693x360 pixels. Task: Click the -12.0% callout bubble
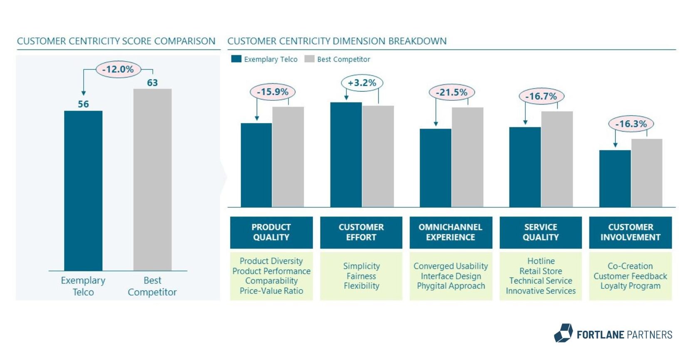tap(118, 69)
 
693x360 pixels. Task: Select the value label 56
tap(83, 104)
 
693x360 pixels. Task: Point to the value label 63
tap(152, 82)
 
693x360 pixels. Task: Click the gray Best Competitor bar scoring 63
tap(152, 179)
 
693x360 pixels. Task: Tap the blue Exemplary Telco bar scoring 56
tap(83, 190)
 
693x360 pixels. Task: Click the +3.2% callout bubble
tap(362, 83)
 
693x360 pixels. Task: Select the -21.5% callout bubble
tap(452, 92)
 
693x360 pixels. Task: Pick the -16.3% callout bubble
tap(631, 124)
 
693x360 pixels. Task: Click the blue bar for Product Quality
tap(256, 165)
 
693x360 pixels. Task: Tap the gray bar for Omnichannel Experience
tap(467, 157)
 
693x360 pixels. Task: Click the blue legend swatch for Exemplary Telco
tap(236, 59)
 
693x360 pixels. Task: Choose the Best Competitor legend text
tap(343, 59)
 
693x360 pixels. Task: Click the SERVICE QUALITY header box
tap(540, 232)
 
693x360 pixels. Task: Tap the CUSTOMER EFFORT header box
tap(361, 232)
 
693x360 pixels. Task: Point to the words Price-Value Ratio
tap(271, 291)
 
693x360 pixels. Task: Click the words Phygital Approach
tap(451, 286)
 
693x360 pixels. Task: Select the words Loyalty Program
tap(630, 286)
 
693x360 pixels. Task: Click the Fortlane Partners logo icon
tap(564, 333)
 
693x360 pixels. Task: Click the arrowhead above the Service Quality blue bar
tap(525, 122)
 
